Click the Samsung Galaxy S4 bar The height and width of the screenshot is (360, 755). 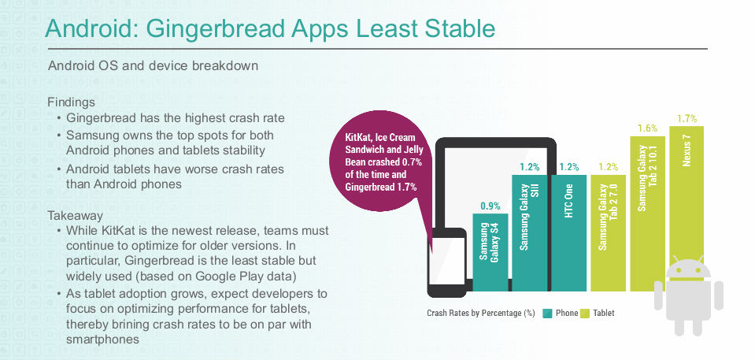pos(490,253)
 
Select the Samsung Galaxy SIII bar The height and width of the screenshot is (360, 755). pos(530,232)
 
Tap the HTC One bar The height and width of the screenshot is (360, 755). pos(568,232)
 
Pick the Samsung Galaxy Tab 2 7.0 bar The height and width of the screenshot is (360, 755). pos(608,232)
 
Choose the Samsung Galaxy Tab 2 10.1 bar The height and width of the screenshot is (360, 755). pos(648,213)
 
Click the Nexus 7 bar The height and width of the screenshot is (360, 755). pos(687,209)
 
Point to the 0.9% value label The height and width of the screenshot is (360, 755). pos(490,206)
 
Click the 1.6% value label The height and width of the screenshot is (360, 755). pos(648,128)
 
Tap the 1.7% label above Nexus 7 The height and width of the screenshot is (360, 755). pos(687,118)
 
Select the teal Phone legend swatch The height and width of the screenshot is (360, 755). pos(547,314)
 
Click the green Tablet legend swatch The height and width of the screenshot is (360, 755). pos(585,314)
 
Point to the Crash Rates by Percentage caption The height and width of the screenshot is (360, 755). pos(481,314)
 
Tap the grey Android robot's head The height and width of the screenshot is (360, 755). pos(688,268)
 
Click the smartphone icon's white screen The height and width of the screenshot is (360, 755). pos(447,260)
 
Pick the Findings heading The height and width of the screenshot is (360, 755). pos(72,102)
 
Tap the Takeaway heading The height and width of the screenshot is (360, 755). pos(75,215)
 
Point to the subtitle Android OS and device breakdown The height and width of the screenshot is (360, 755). pos(153,65)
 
